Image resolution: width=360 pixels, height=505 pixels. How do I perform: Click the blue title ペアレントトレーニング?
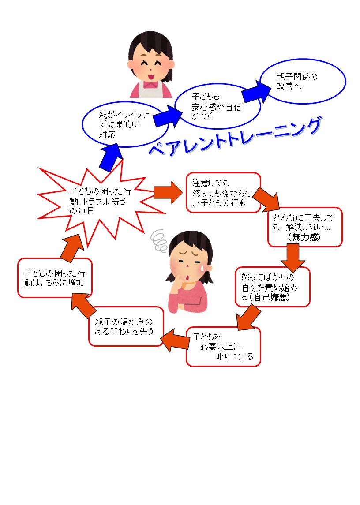point(235,137)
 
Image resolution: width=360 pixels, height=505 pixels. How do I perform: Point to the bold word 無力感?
point(304,237)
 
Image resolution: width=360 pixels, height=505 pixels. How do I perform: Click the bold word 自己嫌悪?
point(272,297)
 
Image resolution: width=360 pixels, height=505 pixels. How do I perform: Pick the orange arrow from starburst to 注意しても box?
point(168,192)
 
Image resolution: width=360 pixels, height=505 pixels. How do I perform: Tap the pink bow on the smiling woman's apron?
point(150,84)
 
